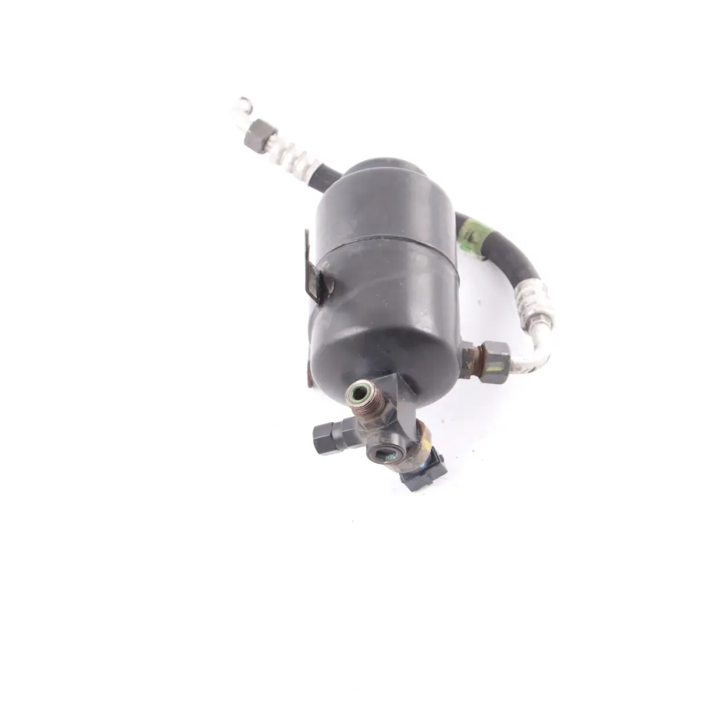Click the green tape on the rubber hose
(474, 235)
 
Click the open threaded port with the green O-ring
(361, 395)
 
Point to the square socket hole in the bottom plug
(386, 454)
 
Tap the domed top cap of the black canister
(386, 169)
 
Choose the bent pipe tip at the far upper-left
(242, 107)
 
